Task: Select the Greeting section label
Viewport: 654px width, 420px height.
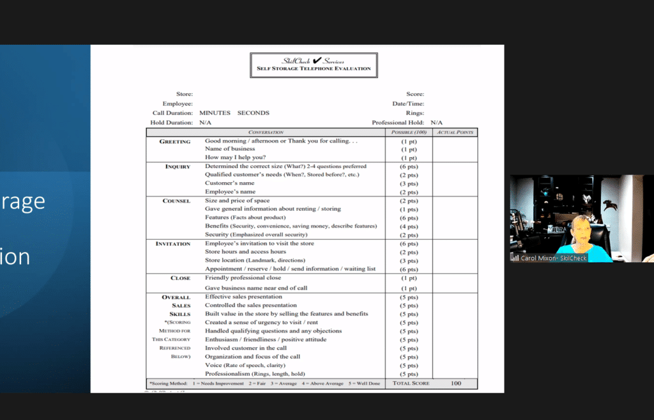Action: coord(174,141)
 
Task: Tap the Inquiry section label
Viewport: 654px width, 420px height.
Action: coord(178,167)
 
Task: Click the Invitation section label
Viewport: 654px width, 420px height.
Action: coord(172,244)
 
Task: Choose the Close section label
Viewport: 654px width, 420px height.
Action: coord(180,278)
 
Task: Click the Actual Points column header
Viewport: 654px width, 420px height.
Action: coord(455,132)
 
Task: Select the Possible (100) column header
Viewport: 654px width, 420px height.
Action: coord(409,132)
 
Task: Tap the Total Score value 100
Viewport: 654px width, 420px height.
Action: coord(455,384)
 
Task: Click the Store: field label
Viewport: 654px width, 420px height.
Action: coord(184,94)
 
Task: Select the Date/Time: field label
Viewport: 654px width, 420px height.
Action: coord(408,104)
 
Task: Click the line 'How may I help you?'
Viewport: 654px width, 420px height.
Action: coord(235,157)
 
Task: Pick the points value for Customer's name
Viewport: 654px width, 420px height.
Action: coord(409,183)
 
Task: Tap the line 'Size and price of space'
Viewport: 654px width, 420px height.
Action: coord(237,201)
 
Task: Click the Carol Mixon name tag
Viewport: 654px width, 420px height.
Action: coord(549,258)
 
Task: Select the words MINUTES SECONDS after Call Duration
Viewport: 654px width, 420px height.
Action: coord(234,113)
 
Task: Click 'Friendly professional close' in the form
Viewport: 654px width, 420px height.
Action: coord(243,278)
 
